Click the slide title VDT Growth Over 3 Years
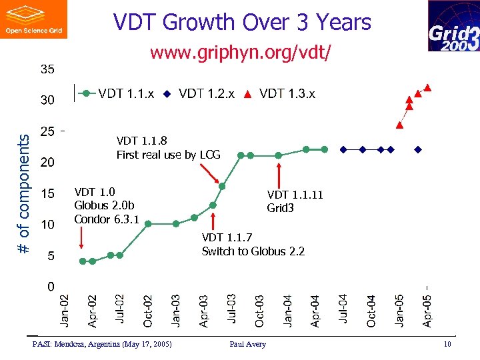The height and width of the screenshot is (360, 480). pyautogui.click(x=241, y=23)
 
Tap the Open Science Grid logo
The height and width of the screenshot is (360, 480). pyautogui.click(x=34, y=19)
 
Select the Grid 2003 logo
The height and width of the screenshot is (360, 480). pyautogui.click(x=453, y=26)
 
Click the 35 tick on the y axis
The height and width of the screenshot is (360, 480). pyautogui.click(x=47, y=69)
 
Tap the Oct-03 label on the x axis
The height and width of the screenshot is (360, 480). pyautogui.click(x=259, y=311)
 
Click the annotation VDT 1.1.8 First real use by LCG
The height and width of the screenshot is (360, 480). pyautogui.click(x=168, y=148)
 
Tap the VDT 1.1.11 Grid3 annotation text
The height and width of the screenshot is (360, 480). pyautogui.click(x=295, y=201)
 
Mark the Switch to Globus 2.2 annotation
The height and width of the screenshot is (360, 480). pyautogui.click(x=253, y=251)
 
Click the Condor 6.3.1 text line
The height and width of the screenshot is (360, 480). pyautogui.click(x=107, y=219)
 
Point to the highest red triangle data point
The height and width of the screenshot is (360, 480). pyautogui.click(x=427, y=87)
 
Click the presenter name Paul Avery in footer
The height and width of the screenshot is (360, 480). pyautogui.click(x=247, y=344)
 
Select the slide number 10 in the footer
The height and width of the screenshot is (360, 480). pyautogui.click(x=447, y=344)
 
